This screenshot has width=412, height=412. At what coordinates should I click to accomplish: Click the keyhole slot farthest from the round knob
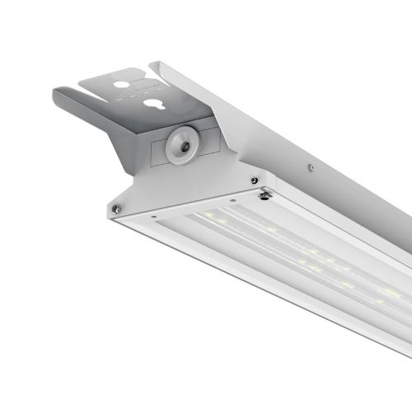tap(124, 85)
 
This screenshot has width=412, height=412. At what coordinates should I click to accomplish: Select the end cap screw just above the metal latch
tap(254, 180)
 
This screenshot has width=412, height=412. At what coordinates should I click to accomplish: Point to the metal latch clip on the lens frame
tap(265, 194)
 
